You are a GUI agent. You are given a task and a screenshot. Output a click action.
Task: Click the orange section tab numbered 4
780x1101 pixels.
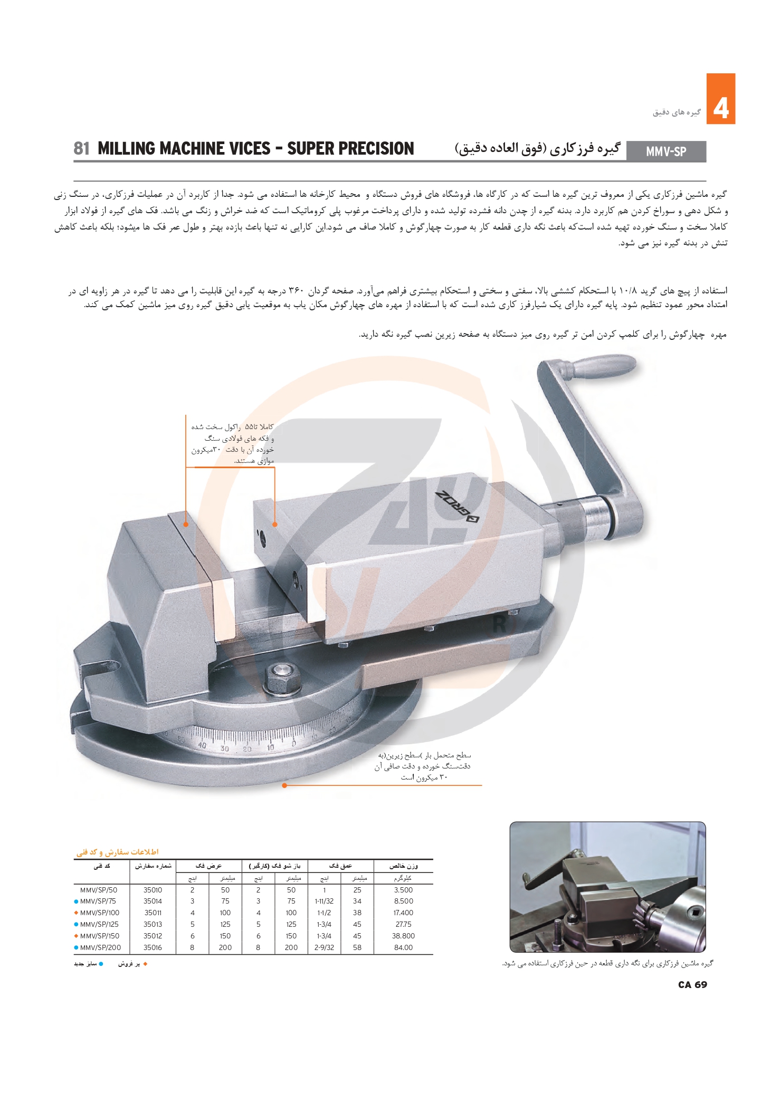tap(720, 99)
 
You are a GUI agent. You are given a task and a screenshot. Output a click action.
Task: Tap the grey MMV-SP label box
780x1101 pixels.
tap(666, 151)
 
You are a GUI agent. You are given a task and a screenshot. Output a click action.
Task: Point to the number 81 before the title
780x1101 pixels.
tap(82, 149)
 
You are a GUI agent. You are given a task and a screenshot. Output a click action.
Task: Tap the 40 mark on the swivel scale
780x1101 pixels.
tap(202, 745)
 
